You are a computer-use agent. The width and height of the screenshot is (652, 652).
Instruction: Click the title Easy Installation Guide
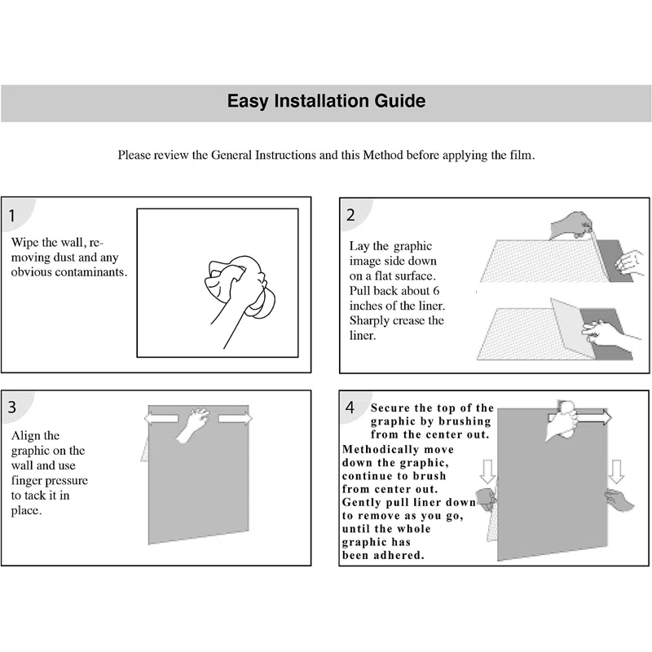326,102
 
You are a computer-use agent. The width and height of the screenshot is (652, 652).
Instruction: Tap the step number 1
13,217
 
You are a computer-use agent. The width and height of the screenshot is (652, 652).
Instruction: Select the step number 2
350,216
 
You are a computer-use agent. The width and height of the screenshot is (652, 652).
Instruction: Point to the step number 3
13,407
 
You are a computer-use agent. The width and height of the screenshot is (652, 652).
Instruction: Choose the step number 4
350,407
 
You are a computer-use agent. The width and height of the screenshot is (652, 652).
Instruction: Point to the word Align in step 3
24,436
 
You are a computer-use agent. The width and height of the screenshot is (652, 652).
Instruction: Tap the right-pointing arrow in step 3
236,418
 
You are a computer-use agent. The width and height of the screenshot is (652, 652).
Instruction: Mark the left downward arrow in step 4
488,471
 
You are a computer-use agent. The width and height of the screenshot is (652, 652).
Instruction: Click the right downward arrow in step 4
616,471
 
